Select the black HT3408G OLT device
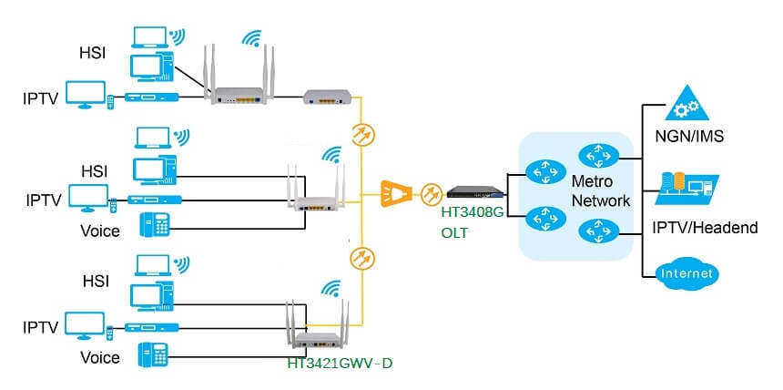[x=473, y=192]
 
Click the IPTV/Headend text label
[x=707, y=227]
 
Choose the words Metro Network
[x=601, y=191]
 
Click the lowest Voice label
[x=99, y=357]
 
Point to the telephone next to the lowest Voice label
[x=153, y=354]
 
